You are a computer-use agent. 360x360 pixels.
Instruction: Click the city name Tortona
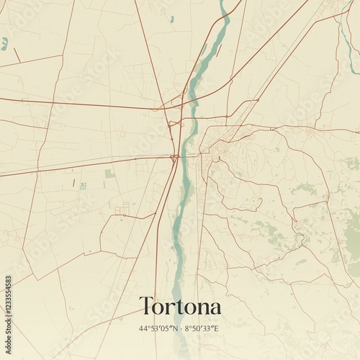[x=180, y=306]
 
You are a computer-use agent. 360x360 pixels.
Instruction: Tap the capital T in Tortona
[x=146, y=305]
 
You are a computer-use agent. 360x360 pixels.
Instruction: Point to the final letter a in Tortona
[x=215, y=307]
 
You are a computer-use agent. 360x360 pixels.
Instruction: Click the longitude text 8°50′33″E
[x=202, y=329]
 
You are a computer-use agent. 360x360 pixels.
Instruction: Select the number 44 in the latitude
[x=143, y=329]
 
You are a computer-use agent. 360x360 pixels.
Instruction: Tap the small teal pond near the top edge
[x=172, y=19]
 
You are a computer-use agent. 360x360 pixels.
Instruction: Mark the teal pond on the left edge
[x=4, y=44]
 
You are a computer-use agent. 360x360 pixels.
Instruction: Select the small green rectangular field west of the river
[x=109, y=174]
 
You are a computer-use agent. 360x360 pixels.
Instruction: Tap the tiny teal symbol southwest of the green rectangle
[x=83, y=186]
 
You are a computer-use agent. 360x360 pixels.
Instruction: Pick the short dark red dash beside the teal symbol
[x=73, y=183]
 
